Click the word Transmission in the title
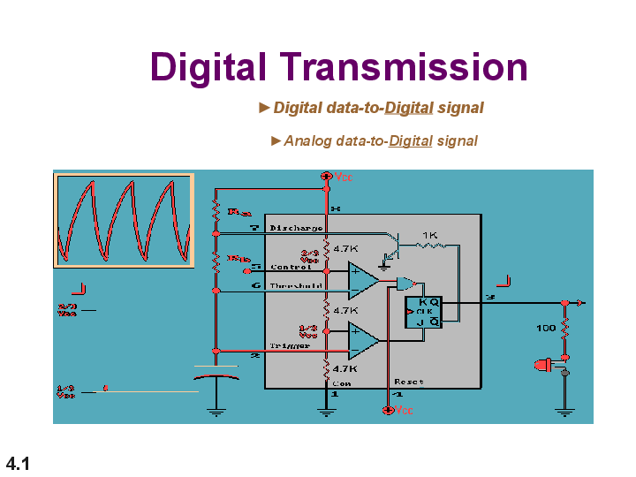coord(405,67)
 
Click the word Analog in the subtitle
coord(307,140)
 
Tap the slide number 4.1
coord(19,463)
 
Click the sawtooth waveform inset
coord(124,220)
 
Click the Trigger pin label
coord(290,345)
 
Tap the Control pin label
coord(290,267)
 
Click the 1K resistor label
coord(430,235)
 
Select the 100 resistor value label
coord(546,328)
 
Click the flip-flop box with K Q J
coord(423,312)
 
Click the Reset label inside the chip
coord(409,382)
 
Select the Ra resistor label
coord(238,212)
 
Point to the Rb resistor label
coord(238,259)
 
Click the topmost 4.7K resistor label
coord(344,249)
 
